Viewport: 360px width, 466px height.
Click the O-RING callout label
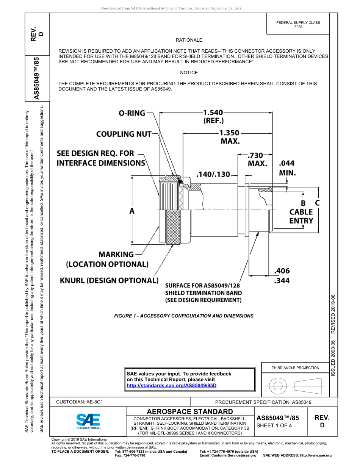(x=132, y=113)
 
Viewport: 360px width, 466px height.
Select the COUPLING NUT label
(x=124, y=134)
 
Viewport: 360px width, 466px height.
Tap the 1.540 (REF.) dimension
(x=213, y=116)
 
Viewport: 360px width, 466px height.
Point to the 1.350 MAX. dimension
(x=229, y=137)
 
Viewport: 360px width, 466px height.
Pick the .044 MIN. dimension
(x=287, y=168)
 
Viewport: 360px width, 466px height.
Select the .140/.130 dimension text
(x=213, y=174)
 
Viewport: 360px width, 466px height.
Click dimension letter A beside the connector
(x=132, y=211)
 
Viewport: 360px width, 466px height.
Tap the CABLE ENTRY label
(x=301, y=216)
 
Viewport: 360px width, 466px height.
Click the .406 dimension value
(x=282, y=271)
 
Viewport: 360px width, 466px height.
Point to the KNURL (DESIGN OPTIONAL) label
(x=109, y=280)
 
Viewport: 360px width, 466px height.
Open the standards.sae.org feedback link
(x=171, y=385)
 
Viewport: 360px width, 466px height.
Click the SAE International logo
(x=88, y=421)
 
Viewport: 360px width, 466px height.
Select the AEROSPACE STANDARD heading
(x=190, y=412)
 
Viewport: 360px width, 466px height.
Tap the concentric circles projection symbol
(x=278, y=386)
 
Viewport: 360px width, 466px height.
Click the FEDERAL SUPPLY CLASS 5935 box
(x=298, y=25)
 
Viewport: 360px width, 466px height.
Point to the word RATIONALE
(x=189, y=40)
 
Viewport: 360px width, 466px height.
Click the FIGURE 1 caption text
(x=184, y=316)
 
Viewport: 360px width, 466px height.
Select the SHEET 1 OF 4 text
(x=274, y=425)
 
